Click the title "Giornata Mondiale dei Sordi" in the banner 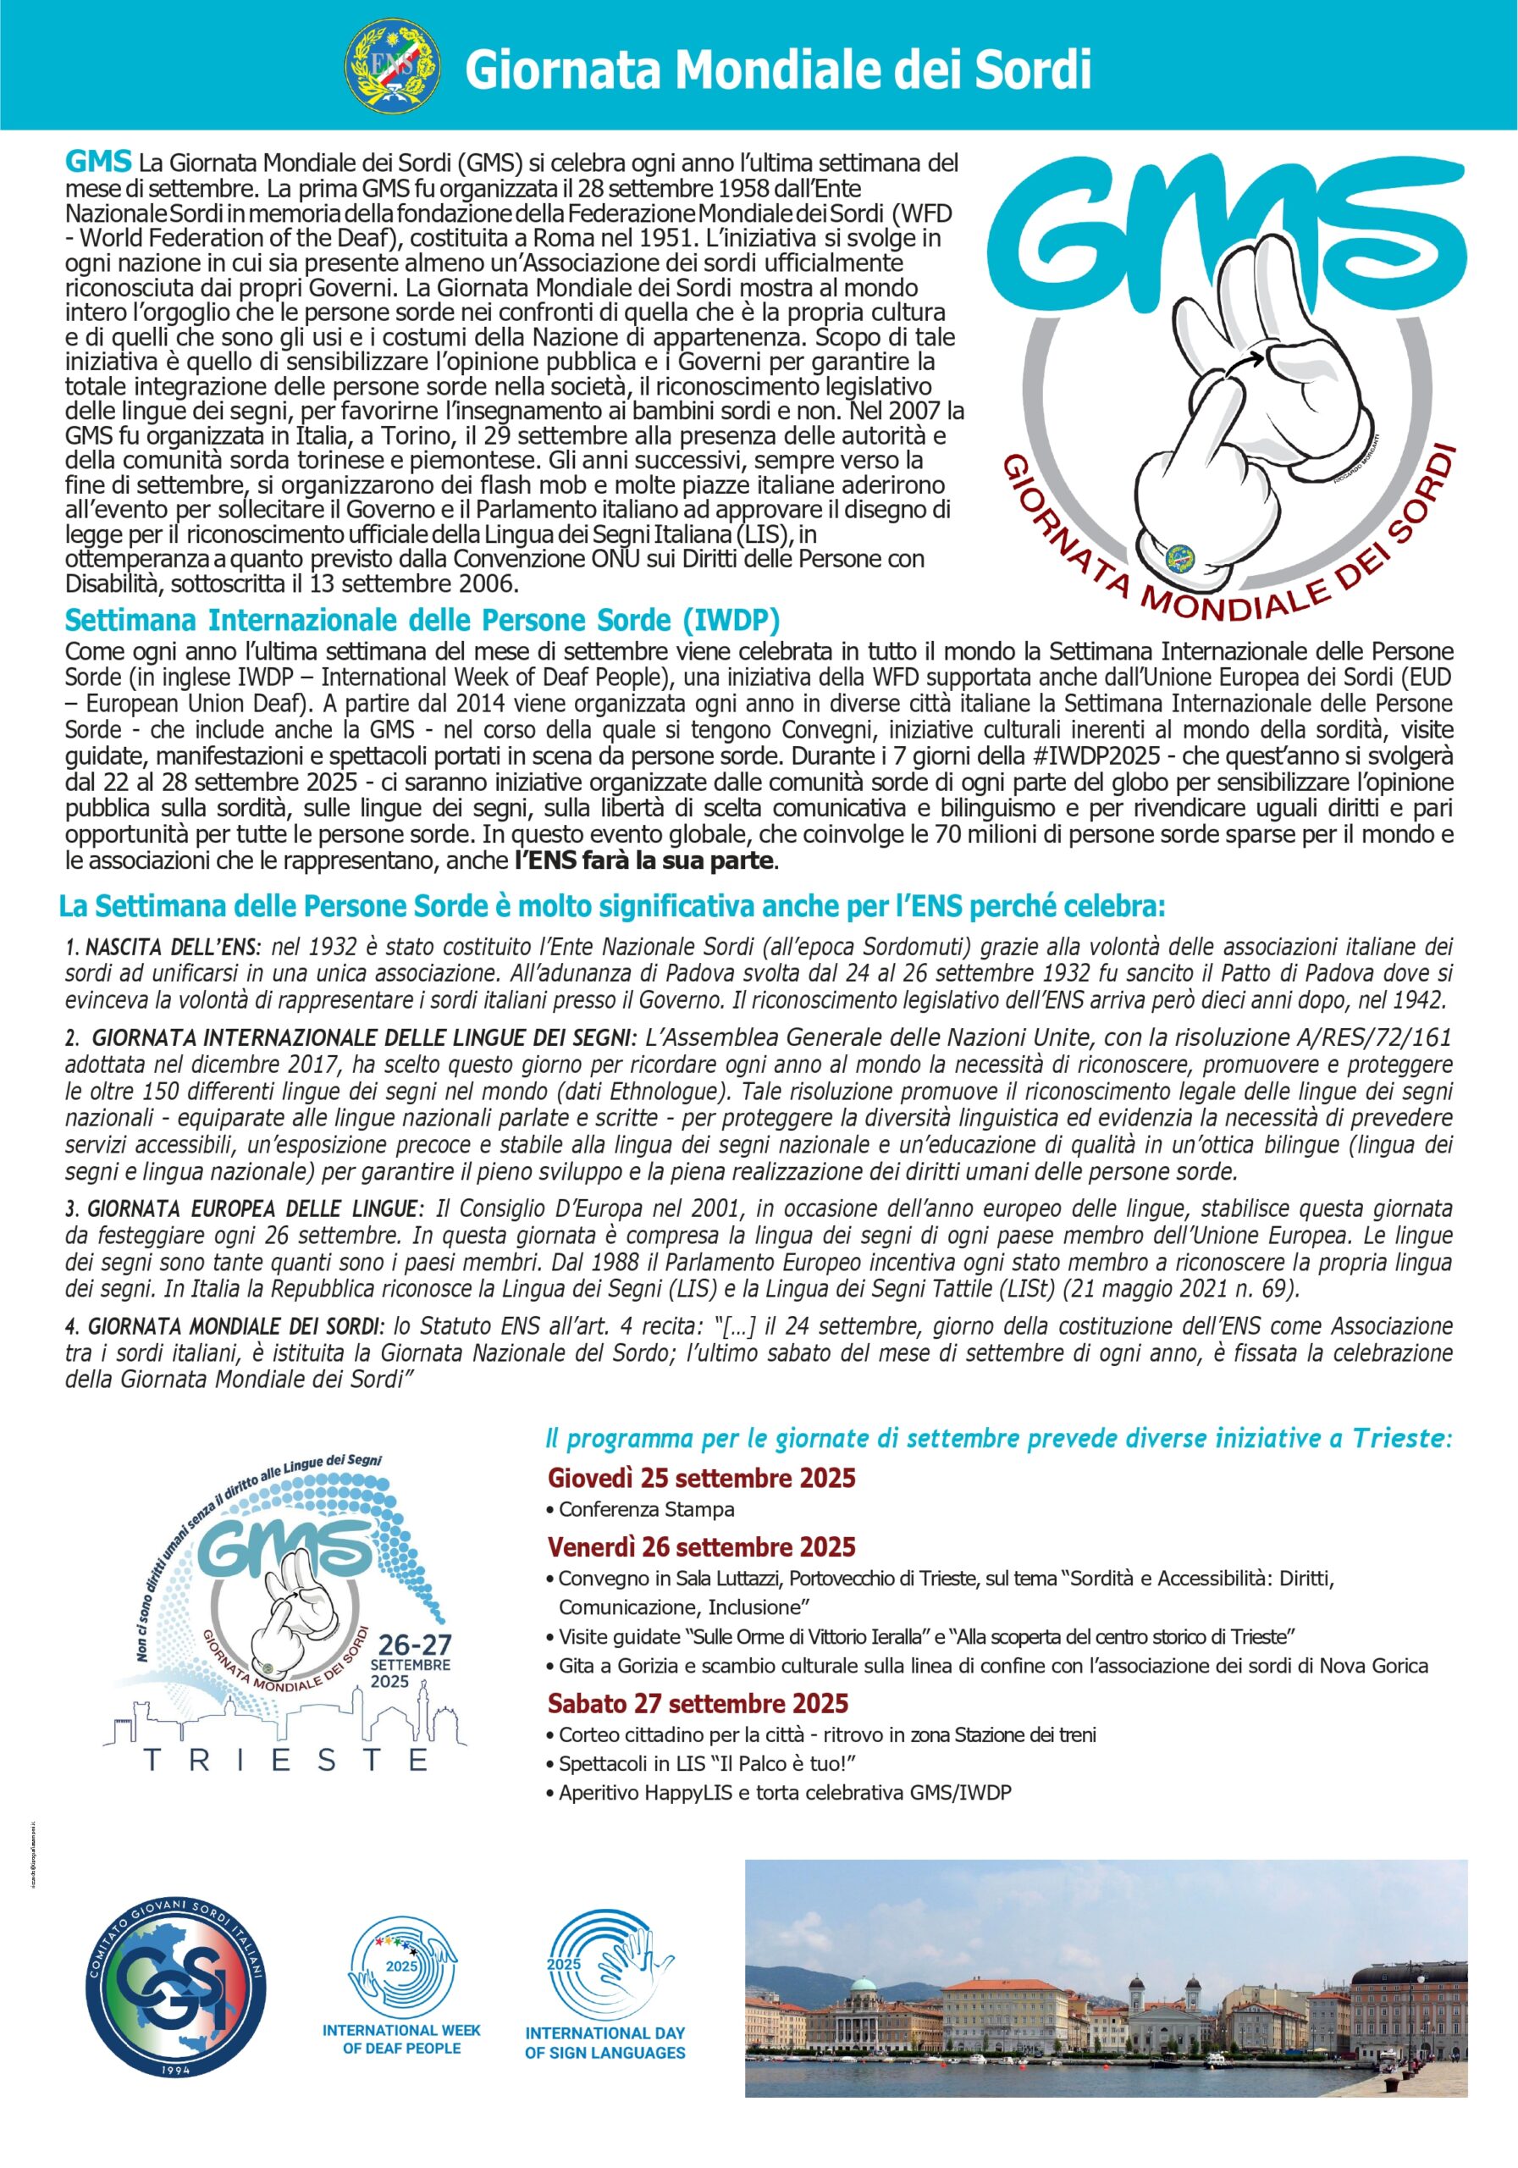(x=778, y=69)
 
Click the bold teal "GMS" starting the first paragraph (x=98, y=162)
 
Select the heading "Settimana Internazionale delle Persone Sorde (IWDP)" (x=422, y=621)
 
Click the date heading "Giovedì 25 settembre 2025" (x=701, y=1478)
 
